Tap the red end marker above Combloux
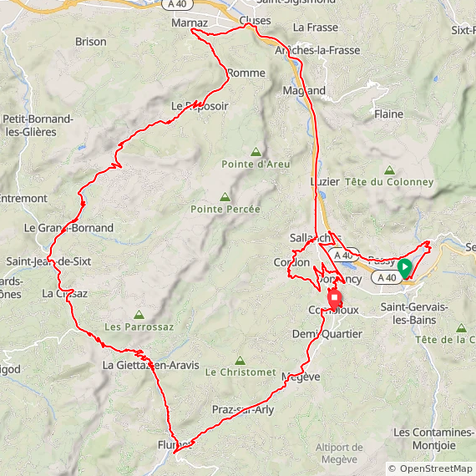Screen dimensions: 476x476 (x=335, y=299)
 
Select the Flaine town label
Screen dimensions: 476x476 (x=388, y=114)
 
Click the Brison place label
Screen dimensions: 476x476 (x=90, y=42)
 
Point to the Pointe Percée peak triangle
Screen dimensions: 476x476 (x=224, y=197)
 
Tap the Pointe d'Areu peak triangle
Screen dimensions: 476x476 (x=256, y=152)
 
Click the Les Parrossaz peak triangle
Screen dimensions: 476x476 (x=139, y=315)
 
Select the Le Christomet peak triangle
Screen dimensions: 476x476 (x=241, y=361)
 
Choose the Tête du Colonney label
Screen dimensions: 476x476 (x=389, y=182)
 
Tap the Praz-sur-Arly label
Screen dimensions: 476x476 (x=243, y=410)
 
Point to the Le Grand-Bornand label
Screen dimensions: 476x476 (x=68, y=227)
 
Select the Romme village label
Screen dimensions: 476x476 (x=246, y=73)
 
